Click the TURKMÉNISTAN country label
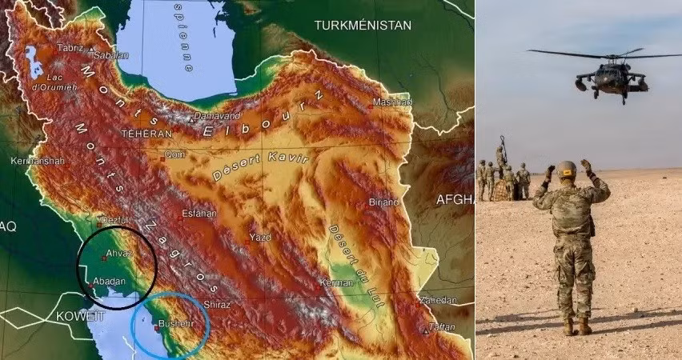pos(363,25)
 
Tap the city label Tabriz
pos(70,48)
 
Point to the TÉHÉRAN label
pos(146,133)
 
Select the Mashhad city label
pos(392,102)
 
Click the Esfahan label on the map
pos(199,214)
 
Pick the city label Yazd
pos(260,238)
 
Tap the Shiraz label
pos(217,304)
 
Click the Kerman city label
pos(336,282)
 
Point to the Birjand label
pos(383,202)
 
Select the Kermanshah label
pos(38,161)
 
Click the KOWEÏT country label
pos(80,317)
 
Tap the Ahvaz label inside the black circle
pos(118,254)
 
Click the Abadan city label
pos(109,281)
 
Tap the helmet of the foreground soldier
pos(567,169)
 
